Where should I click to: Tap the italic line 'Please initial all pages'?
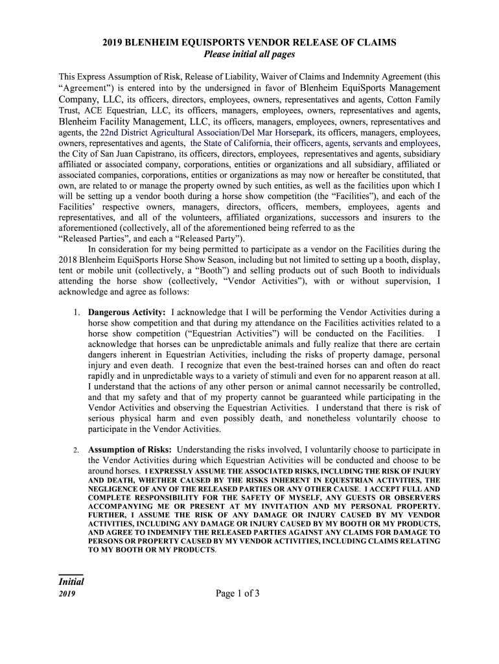click(250, 54)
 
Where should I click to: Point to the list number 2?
click(76, 450)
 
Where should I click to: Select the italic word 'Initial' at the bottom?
click(71, 582)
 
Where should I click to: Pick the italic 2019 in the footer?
click(67, 594)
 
